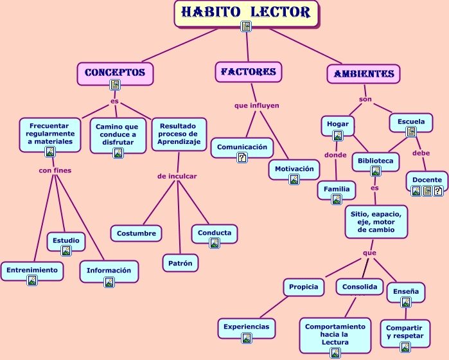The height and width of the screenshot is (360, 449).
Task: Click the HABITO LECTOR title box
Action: (246, 12)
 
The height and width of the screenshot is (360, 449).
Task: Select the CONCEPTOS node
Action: (115, 73)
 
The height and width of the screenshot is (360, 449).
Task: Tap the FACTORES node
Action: (248, 72)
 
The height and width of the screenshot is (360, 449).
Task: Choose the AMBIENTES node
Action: (364, 73)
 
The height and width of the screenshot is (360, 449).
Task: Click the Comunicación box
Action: (242, 147)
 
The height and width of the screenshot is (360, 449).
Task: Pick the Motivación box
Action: (294, 169)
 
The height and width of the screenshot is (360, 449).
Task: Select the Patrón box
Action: (180, 263)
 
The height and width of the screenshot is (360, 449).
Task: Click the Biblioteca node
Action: (376, 158)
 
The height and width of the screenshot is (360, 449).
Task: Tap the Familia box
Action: (337, 189)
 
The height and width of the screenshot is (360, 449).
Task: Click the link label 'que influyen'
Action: (257, 105)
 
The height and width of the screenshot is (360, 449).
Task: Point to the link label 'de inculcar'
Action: (177, 175)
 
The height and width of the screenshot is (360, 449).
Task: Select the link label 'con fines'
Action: (55, 170)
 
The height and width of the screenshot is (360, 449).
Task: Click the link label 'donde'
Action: (335, 155)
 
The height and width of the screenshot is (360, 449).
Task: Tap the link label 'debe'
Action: (421, 153)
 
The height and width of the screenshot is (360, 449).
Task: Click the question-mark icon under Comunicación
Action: (242, 157)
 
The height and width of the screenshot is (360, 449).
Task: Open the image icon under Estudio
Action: (66, 250)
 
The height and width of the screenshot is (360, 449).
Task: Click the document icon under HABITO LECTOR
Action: (246, 26)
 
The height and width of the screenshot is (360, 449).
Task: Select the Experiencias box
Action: (246, 327)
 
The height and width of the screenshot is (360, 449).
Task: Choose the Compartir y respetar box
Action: (405, 332)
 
